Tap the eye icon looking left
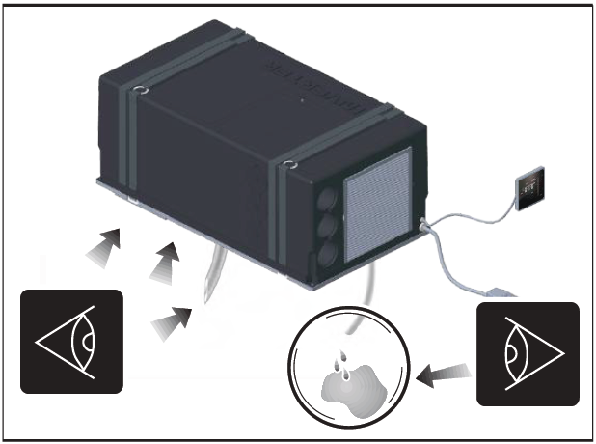(71, 341)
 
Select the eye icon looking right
(527, 352)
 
